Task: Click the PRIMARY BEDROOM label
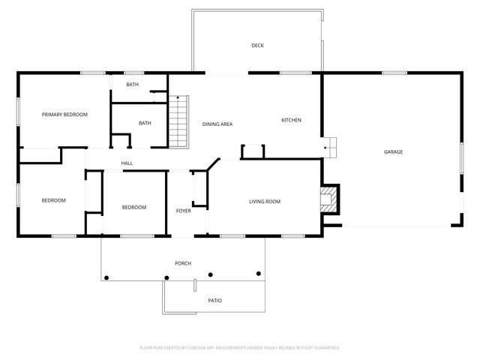64,115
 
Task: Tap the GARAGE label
393,152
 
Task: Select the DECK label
257,46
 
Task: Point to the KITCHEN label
291,120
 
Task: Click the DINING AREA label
217,124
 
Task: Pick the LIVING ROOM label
264,201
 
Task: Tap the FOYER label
183,211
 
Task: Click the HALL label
127,163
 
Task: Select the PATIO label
214,301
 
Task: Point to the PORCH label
182,263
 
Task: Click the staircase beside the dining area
178,122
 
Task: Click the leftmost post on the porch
106,277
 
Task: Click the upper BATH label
132,85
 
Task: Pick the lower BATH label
145,123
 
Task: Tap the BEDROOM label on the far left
53,200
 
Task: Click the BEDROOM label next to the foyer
133,207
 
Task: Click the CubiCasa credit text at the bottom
240,348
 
